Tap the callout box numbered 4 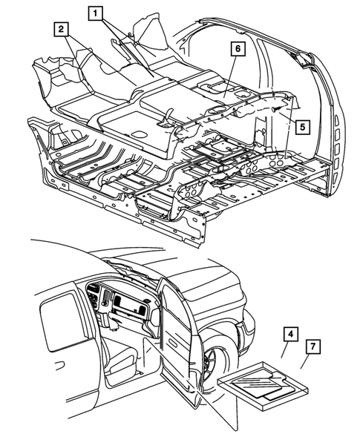(289, 335)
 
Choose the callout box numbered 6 (236, 50)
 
